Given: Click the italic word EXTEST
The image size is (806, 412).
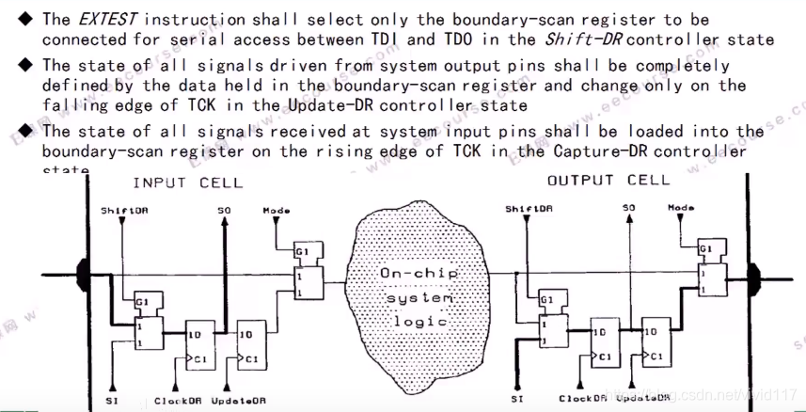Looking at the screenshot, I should pos(108,19).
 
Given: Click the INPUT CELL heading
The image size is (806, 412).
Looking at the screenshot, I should pos(187,182).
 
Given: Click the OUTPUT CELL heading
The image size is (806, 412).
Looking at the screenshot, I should pos(608,180).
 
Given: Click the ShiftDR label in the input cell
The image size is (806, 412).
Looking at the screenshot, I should pos(124,210).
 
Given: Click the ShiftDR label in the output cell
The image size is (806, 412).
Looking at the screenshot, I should pos(528,208).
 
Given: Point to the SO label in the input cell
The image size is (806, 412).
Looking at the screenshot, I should pos(222,209).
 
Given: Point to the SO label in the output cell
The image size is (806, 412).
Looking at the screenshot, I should pos(628,207).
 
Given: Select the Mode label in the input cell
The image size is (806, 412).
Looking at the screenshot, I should pos(276,210).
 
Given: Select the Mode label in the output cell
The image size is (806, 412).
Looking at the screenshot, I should pos(681,207).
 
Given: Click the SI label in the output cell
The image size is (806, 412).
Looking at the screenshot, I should pos(517,398).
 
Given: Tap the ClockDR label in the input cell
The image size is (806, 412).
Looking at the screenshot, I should pos(178,401).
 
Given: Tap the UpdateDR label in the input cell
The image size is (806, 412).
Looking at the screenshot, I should pos(236,401).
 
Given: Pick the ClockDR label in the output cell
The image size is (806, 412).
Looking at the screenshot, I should pos(582,399).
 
